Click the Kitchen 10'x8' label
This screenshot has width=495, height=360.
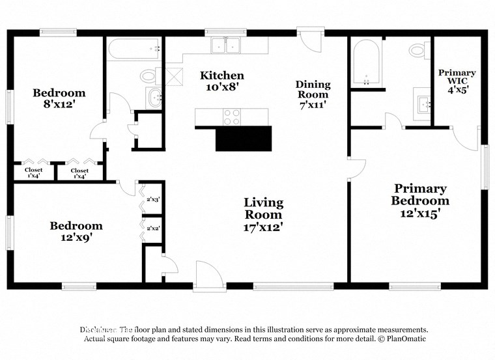[222, 81]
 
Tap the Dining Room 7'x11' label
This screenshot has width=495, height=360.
[313, 94]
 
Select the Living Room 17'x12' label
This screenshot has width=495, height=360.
[263, 215]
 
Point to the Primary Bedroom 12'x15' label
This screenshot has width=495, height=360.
[420, 195]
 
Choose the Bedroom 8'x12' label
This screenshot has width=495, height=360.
[59, 98]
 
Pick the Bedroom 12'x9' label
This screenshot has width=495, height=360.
[76, 232]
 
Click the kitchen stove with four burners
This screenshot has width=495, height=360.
[232, 117]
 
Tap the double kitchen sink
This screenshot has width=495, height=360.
[226, 46]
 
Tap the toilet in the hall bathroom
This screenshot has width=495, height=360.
[148, 76]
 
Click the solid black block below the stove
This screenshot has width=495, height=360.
[243, 139]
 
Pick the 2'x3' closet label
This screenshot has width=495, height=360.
[154, 200]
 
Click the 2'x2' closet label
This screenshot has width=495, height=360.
[154, 228]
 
